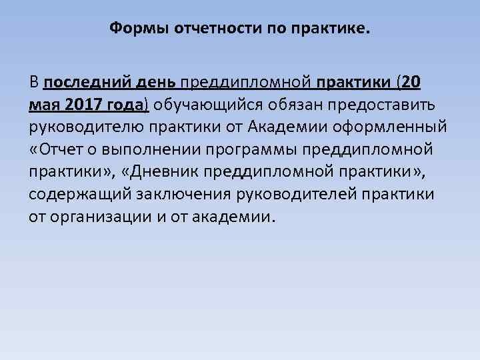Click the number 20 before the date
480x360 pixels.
tap(412, 83)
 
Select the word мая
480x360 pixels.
tap(43, 105)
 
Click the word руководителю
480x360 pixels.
tap(84, 127)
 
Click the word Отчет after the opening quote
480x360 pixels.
tap(61, 149)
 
